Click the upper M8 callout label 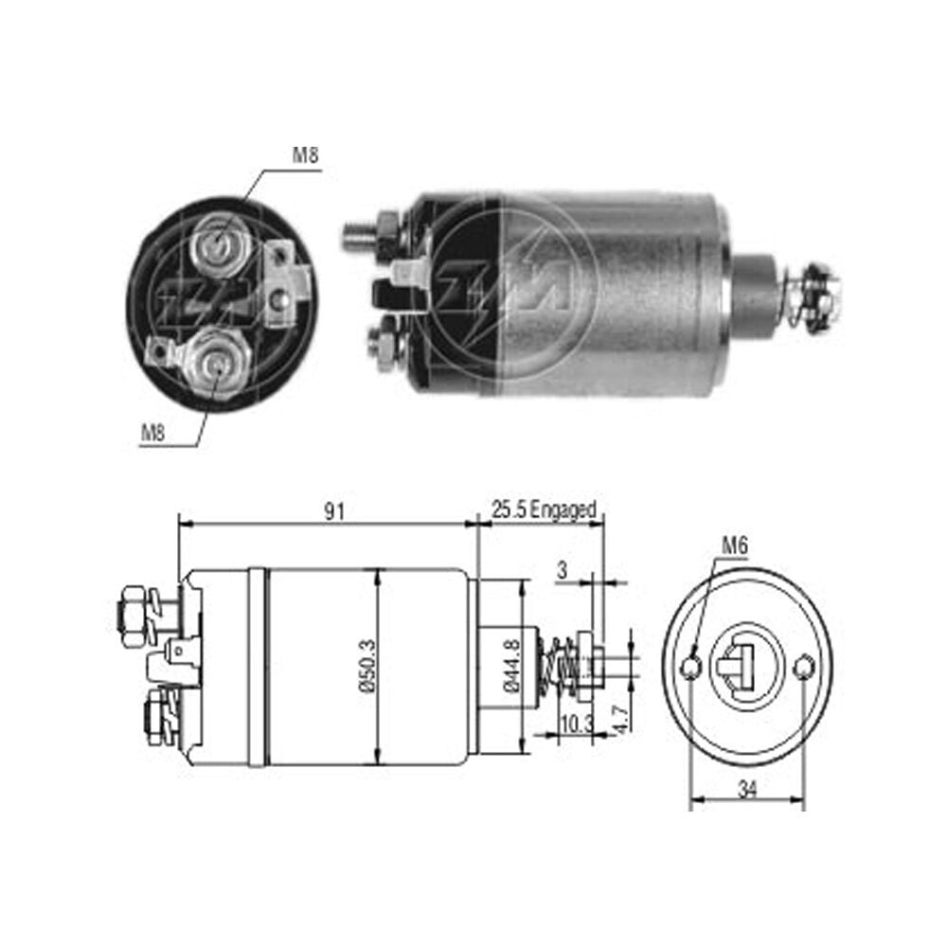pyautogui.click(x=305, y=155)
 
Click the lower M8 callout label pyautogui.click(x=152, y=432)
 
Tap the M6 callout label pyautogui.click(x=735, y=546)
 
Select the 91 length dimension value pyautogui.click(x=334, y=511)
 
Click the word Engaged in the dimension pyautogui.click(x=563, y=511)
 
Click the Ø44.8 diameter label pyautogui.click(x=511, y=666)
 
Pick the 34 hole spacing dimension pyautogui.click(x=747, y=789)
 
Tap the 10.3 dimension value pyautogui.click(x=577, y=724)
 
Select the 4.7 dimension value pyautogui.click(x=621, y=720)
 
